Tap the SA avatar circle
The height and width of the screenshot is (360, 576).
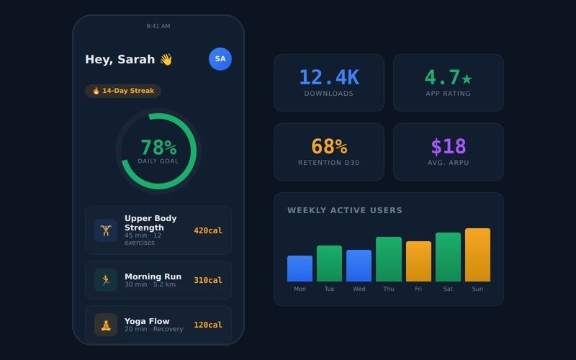[x=220, y=59]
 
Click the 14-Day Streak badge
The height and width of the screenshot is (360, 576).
[x=123, y=91]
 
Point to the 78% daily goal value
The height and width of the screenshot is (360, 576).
[x=158, y=148]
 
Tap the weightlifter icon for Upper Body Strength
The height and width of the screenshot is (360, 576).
[x=106, y=230]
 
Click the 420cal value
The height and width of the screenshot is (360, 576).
[x=208, y=230]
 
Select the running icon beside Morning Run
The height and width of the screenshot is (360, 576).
[x=106, y=280]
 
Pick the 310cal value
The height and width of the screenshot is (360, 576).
[x=208, y=280]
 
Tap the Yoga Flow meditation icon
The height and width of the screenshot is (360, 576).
[x=106, y=325]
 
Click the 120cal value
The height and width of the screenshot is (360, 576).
[x=208, y=325]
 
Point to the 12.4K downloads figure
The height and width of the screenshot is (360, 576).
[x=329, y=77]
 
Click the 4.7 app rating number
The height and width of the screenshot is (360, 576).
[x=443, y=77]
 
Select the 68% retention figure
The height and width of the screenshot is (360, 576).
[x=329, y=146]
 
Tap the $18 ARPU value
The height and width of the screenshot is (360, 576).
[x=449, y=146]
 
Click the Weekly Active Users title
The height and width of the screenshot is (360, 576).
[x=345, y=210]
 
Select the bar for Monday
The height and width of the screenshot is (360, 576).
[x=300, y=269]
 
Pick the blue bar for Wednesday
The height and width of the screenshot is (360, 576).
[x=359, y=266]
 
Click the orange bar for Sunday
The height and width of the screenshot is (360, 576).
[x=477, y=255]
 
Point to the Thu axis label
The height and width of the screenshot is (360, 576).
[x=389, y=289]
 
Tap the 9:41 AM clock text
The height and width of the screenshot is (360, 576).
[x=158, y=26]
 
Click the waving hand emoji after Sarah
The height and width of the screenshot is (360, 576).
[x=166, y=59]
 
